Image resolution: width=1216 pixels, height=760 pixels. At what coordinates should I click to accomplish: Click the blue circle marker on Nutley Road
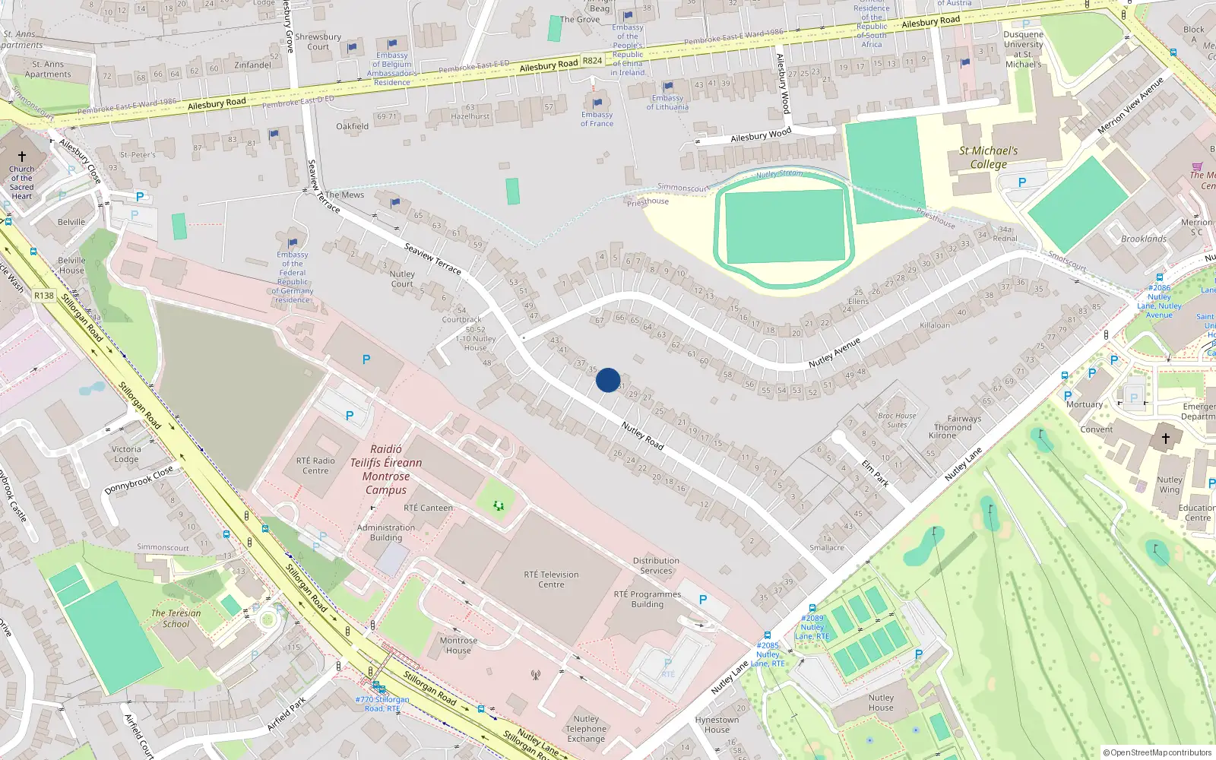pyautogui.click(x=608, y=380)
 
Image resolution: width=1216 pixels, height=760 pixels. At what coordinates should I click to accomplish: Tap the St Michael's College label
pyautogui.click(x=988, y=157)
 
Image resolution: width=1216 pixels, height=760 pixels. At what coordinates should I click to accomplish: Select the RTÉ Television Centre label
pyautogui.click(x=551, y=579)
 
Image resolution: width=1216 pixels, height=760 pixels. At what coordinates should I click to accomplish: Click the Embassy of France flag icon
pyautogui.click(x=597, y=103)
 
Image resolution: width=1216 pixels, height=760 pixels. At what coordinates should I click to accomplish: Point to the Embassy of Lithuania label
pyautogui.click(x=667, y=103)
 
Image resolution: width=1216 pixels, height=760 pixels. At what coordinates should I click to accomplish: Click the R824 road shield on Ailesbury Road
pyautogui.click(x=592, y=61)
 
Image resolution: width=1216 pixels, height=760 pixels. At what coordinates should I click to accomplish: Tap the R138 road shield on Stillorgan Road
pyautogui.click(x=44, y=296)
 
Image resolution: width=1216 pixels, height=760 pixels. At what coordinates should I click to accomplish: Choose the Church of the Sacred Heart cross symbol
pyautogui.click(x=22, y=156)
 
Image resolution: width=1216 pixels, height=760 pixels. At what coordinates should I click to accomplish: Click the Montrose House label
pyautogui.click(x=458, y=645)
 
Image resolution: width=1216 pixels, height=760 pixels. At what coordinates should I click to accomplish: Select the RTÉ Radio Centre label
pyautogui.click(x=315, y=465)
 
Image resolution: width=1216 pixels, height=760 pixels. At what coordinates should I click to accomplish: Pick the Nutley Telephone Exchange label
pyautogui.click(x=586, y=729)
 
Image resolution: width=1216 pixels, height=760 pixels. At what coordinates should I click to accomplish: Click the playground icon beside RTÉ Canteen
pyautogui.click(x=499, y=505)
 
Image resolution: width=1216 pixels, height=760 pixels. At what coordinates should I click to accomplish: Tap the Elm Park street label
pyautogui.click(x=875, y=472)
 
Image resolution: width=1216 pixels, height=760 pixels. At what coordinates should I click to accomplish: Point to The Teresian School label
pyautogui.click(x=176, y=619)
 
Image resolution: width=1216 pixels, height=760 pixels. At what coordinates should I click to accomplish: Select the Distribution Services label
pyautogui.click(x=656, y=565)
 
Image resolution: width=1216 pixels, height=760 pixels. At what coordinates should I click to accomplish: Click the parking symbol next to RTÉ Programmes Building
pyautogui.click(x=703, y=600)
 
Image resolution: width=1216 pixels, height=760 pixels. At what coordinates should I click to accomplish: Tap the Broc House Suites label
pyautogui.click(x=897, y=420)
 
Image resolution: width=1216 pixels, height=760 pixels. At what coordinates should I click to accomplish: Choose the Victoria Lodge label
pyautogui.click(x=126, y=454)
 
